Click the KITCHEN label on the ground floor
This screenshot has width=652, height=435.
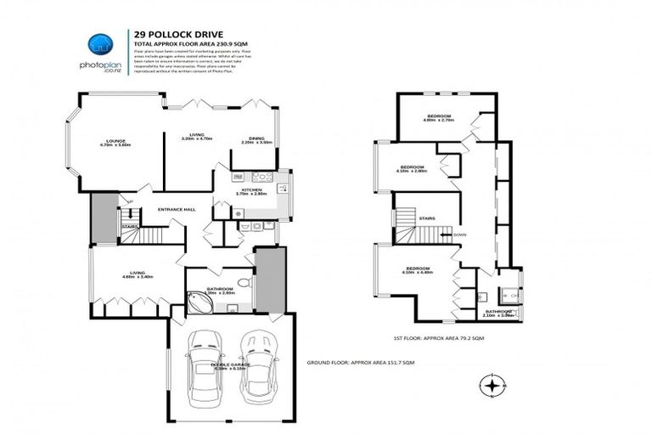pos(252,190)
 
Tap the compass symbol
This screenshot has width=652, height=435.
pos(492,387)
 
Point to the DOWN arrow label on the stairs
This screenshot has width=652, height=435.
pos(459,234)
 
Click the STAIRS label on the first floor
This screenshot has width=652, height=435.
pos(427,218)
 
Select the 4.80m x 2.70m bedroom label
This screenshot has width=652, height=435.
pos(439,117)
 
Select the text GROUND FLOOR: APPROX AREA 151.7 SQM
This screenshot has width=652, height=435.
pos(360,363)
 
